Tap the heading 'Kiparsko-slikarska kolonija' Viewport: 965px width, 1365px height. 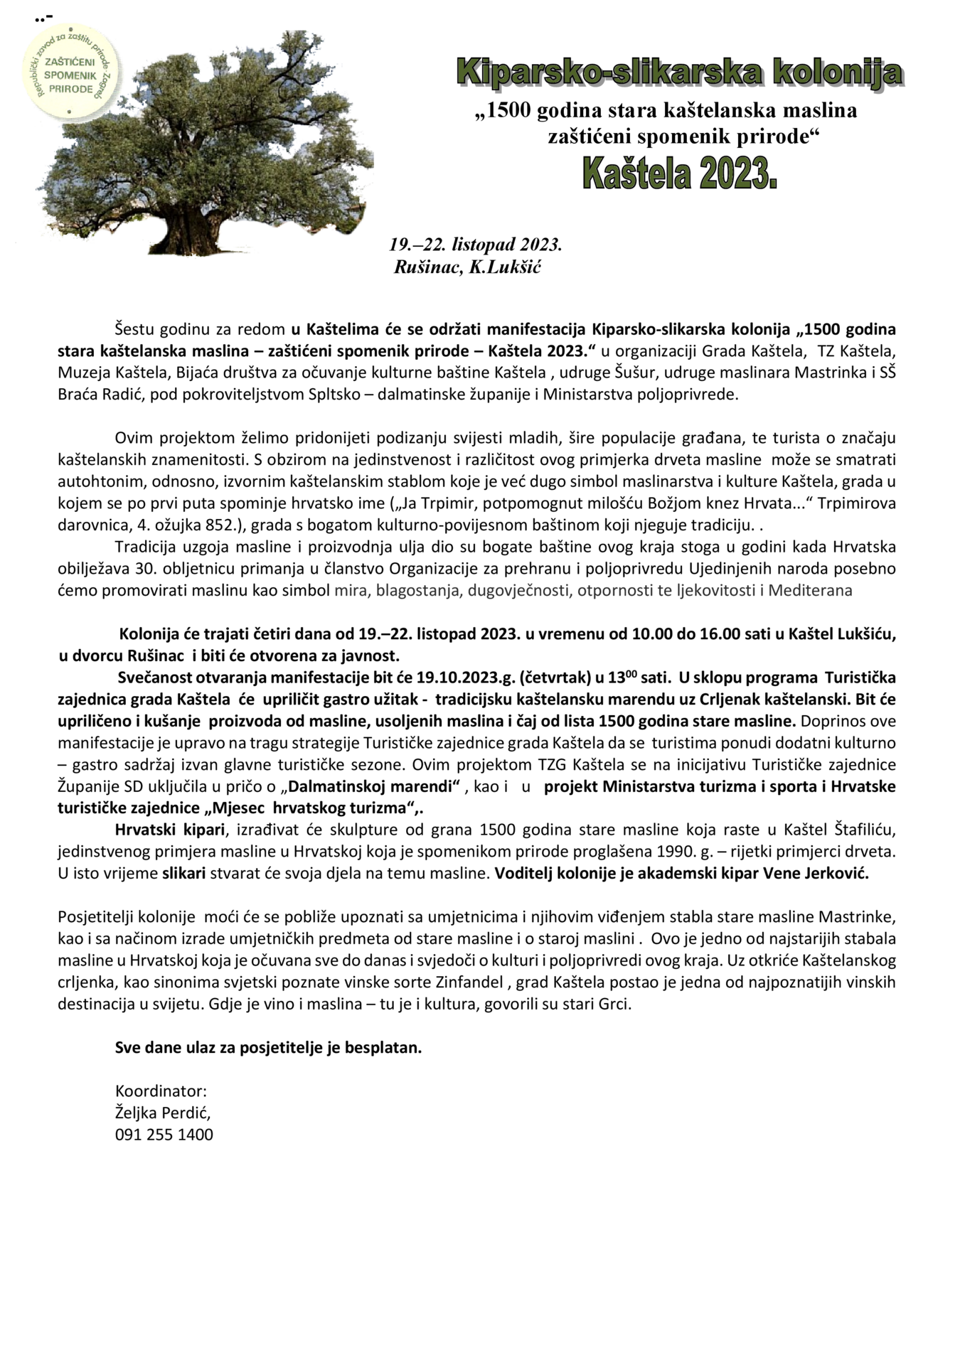coord(679,73)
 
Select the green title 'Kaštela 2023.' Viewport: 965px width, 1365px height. coord(679,173)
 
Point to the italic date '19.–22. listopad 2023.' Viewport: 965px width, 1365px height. coord(476,245)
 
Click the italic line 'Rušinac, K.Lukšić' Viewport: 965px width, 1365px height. coord(468,267)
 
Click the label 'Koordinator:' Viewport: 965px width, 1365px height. coord(161,1091)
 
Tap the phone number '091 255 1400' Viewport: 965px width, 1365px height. coord(164,1135)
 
